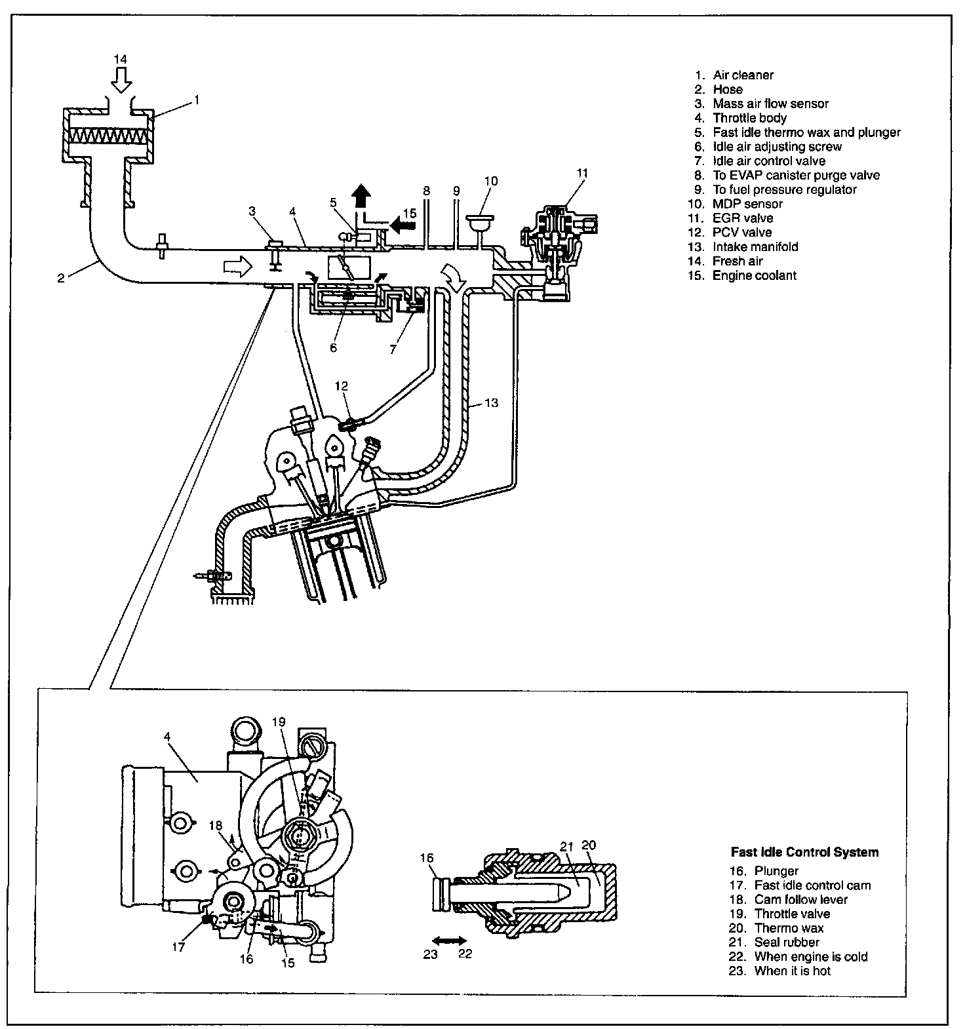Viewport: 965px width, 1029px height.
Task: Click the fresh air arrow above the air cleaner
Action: click(x=121, y=81)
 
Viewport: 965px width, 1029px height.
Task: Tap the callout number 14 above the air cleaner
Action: click(x=121, y=59)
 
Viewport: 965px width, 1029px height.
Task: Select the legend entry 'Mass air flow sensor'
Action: click(x=770, y=104)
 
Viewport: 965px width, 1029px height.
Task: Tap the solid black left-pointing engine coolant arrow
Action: click(x=403, y=225)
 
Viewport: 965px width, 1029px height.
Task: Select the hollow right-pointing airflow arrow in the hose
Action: click(x=237, y=265)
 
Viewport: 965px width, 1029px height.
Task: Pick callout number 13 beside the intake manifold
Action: click(x=492, y=402)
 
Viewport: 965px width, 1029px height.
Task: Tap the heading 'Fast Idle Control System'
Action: click(x=804, y=852)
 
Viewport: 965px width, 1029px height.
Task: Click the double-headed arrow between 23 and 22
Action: click(x=448, y=940)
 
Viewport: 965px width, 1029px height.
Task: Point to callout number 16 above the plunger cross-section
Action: click(x=427, y=857)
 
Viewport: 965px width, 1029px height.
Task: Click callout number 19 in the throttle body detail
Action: click(x=279, y=722)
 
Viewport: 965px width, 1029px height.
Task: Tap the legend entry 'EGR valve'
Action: click(x=743, y=218)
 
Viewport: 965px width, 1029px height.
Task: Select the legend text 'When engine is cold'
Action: click(x=810, y=957)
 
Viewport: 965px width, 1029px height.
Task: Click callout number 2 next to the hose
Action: click(x=61, y=278)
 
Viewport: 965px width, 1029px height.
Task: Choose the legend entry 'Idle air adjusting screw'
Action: click(x=777, y=147)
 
